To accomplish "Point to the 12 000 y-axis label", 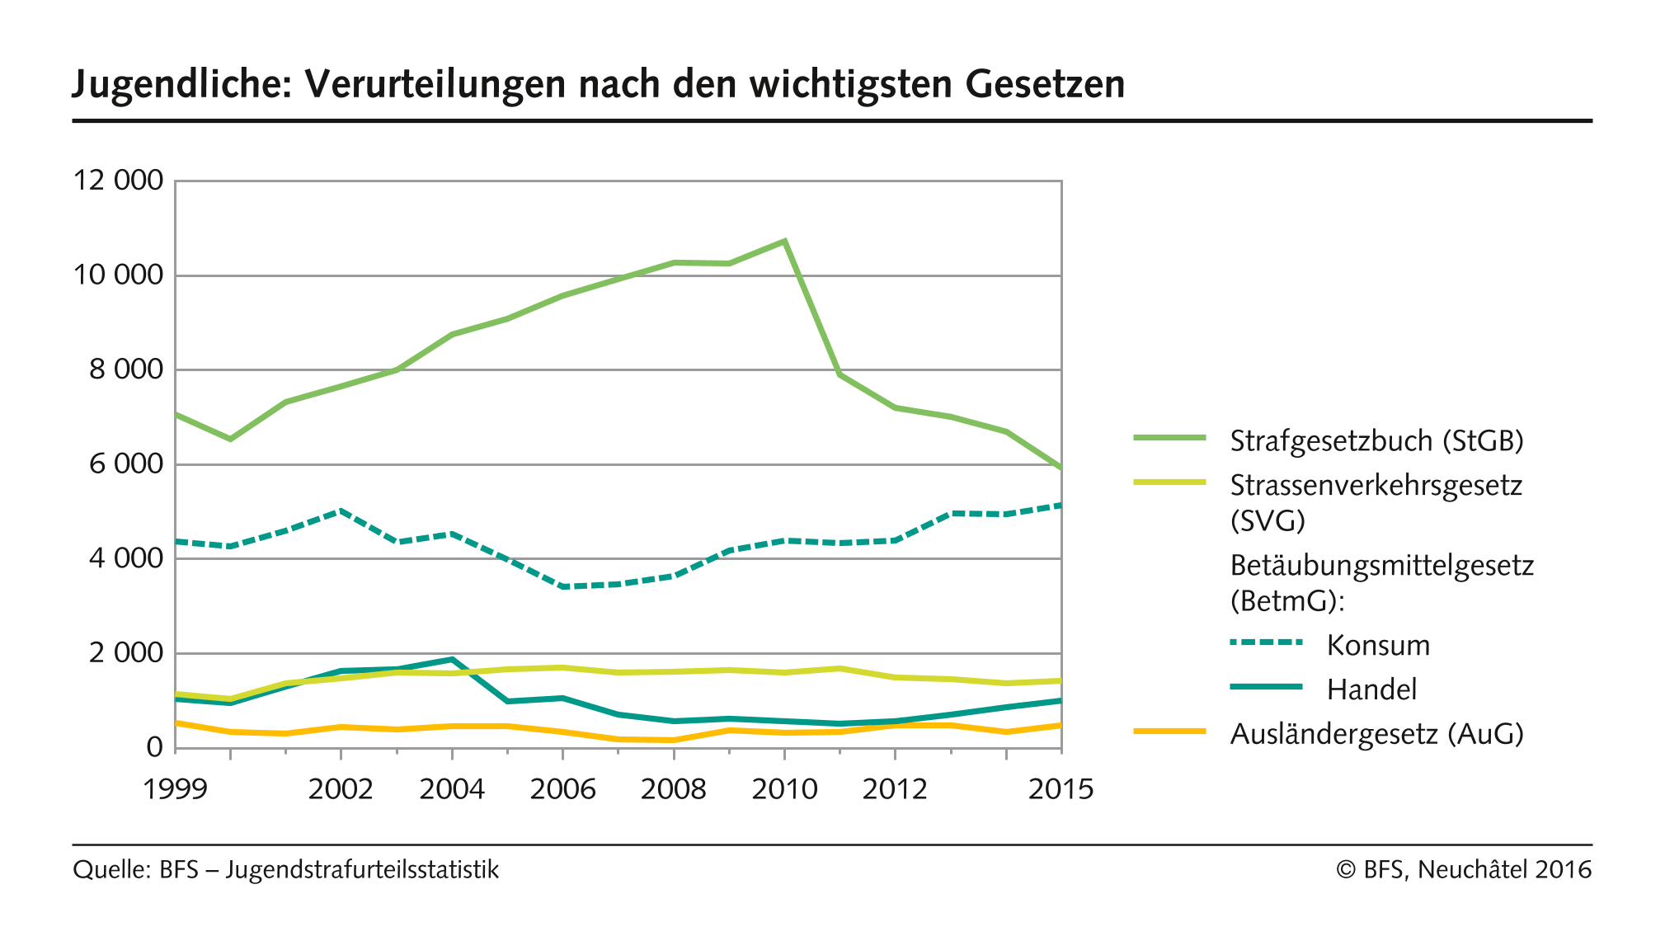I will (x=119, y=180).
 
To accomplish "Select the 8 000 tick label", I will (x=126, y=369).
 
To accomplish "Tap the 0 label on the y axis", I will (x=154, y=747).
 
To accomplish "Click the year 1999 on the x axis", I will (x=175, y=789).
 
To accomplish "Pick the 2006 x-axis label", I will (x=562, y=789).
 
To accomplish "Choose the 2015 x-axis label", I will (x=1061, y=789).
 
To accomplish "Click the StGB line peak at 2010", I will (x=784, y=241).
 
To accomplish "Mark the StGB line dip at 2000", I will (x=230, y=439).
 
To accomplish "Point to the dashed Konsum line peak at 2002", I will (x=341, y=510).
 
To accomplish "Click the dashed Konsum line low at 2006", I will (x=562, y=586).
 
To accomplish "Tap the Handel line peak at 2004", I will (x=452, y=659).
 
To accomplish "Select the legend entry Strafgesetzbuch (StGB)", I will (x=1376, y=440).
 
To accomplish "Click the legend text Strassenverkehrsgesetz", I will (x=1376, y=485).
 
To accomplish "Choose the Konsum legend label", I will (x=1378, y=645).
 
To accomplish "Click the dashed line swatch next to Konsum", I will (x=1266, y=642).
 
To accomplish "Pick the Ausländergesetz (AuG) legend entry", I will (x=1376, y=733).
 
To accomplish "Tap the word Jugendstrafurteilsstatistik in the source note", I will (x=362, y=870).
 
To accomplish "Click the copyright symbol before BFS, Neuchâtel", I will (x=1346, y=870).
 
